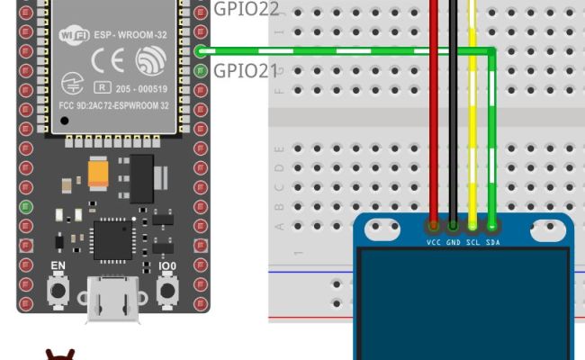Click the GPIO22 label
tap(246, 9)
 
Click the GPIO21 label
tap(246, 70)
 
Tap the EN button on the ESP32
tap(59, 289)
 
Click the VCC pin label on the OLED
tap(434, 243)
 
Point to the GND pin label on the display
tap(454, 243)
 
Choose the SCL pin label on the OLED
tap(473, 243)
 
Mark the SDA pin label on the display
tap(493, 243)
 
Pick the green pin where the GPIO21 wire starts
tap(200, 51)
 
